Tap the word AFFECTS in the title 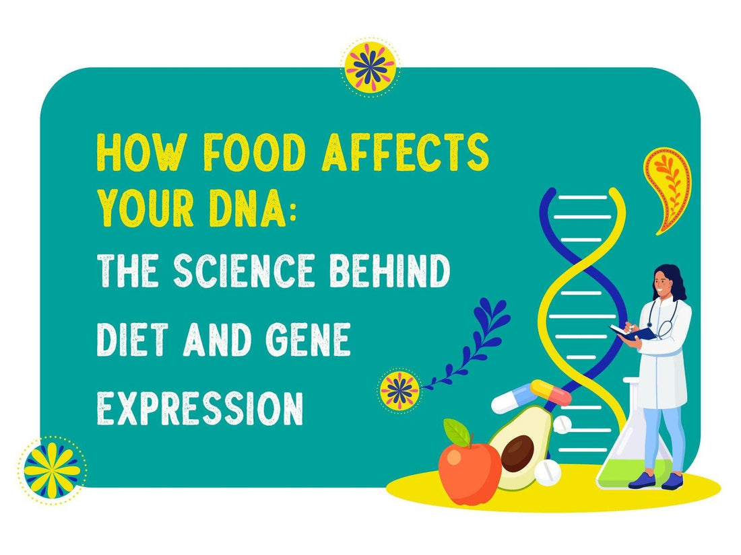(x=405, y=154)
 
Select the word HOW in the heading (x=137, y=154)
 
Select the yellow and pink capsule (x=551, y=392)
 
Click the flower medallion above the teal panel (x=370, y=67)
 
